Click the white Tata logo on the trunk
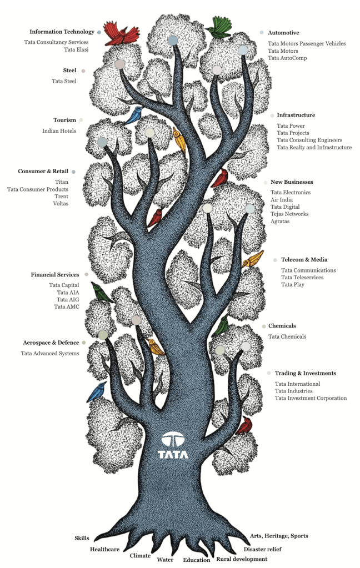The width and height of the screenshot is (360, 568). click(173, 445)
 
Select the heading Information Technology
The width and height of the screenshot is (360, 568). click(62, 32)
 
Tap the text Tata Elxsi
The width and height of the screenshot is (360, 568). click(76, 49)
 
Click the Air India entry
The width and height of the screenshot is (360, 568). click(281, 199)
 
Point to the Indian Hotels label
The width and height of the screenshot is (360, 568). click(59, 131)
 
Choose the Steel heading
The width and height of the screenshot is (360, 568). click(69, 71)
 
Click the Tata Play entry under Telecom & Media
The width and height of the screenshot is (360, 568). click(293, 284)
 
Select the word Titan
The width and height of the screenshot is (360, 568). click(62, 182)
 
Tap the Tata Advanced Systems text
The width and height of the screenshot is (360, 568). click(49, 353)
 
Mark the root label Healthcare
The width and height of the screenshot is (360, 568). click(104, 549)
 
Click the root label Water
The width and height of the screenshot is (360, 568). click(165, 559)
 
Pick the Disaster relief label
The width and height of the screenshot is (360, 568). click(262, 549)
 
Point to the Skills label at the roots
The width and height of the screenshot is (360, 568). click(82, 538)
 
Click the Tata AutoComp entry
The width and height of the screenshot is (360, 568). click(287, 58)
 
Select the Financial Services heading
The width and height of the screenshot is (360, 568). click(55, 275)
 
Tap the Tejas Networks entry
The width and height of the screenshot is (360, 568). click(289, 214)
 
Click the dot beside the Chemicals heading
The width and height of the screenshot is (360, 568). click(264, 326)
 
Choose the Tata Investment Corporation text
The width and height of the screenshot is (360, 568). click(311, 398)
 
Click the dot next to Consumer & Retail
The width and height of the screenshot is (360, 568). click(73, 172)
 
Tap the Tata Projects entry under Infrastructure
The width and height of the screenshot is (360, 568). click(293, 133)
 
